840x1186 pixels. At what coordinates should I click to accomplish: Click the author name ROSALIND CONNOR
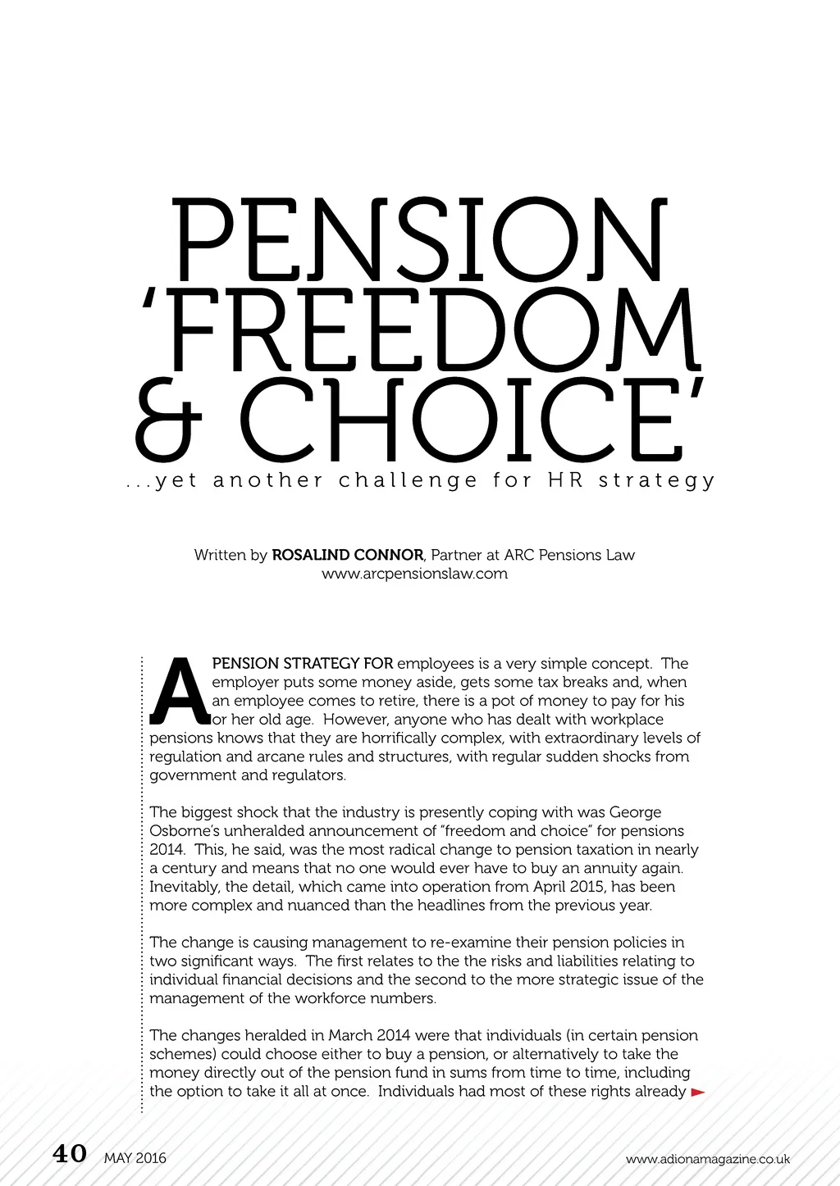(x=348, y=555)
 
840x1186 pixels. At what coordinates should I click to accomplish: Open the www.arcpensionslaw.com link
(x=414, y=574)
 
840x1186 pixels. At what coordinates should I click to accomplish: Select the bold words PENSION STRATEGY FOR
(x=303, y=663)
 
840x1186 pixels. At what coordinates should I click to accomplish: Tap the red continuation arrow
(x=698, y=1092)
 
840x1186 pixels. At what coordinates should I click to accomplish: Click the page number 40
(x=70, y=1154)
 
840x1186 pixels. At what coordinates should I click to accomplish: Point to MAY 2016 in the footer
(x=135, y=1158)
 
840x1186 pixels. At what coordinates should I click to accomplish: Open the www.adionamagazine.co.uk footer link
(x=707, y=1159)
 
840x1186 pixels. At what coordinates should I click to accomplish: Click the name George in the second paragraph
(x=636, y=812)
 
